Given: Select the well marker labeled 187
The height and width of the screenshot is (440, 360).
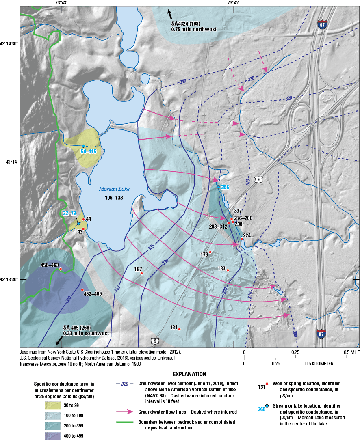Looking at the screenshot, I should tap(141, 274).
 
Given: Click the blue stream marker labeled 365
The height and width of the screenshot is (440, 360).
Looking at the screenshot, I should tap(218, 187).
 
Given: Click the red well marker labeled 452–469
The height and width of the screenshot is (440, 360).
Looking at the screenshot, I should tap(82, 290).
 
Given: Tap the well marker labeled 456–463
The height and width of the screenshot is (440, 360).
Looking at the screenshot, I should tap(61, 269).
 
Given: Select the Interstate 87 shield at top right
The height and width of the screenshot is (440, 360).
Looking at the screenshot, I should tap(323, 25).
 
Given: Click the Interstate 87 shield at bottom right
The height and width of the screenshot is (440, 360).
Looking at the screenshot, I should tap(321, 334).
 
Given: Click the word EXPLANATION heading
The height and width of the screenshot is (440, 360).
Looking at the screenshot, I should tap(189, 374).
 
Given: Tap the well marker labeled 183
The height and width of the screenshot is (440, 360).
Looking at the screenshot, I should tap(228, 270).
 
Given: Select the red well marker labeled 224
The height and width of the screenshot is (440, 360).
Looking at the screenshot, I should tap(242, 239).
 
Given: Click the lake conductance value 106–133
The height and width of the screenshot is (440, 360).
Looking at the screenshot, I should tap(112, 198).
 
